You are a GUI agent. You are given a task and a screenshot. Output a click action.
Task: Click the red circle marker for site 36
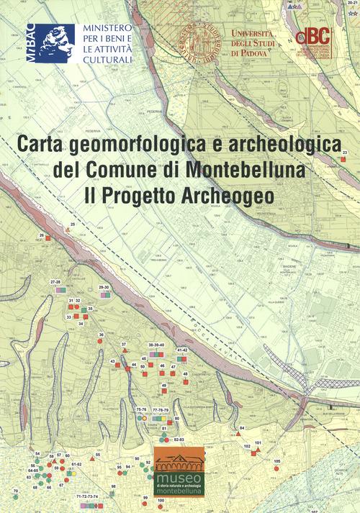102,341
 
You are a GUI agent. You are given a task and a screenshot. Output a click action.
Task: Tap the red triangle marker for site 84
238,434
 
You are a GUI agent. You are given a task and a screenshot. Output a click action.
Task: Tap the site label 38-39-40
156,345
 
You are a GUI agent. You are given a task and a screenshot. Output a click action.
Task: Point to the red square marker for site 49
164,393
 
